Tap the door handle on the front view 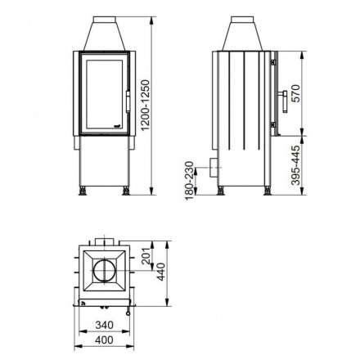tap(128, 101)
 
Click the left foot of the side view tap(221, 191)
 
